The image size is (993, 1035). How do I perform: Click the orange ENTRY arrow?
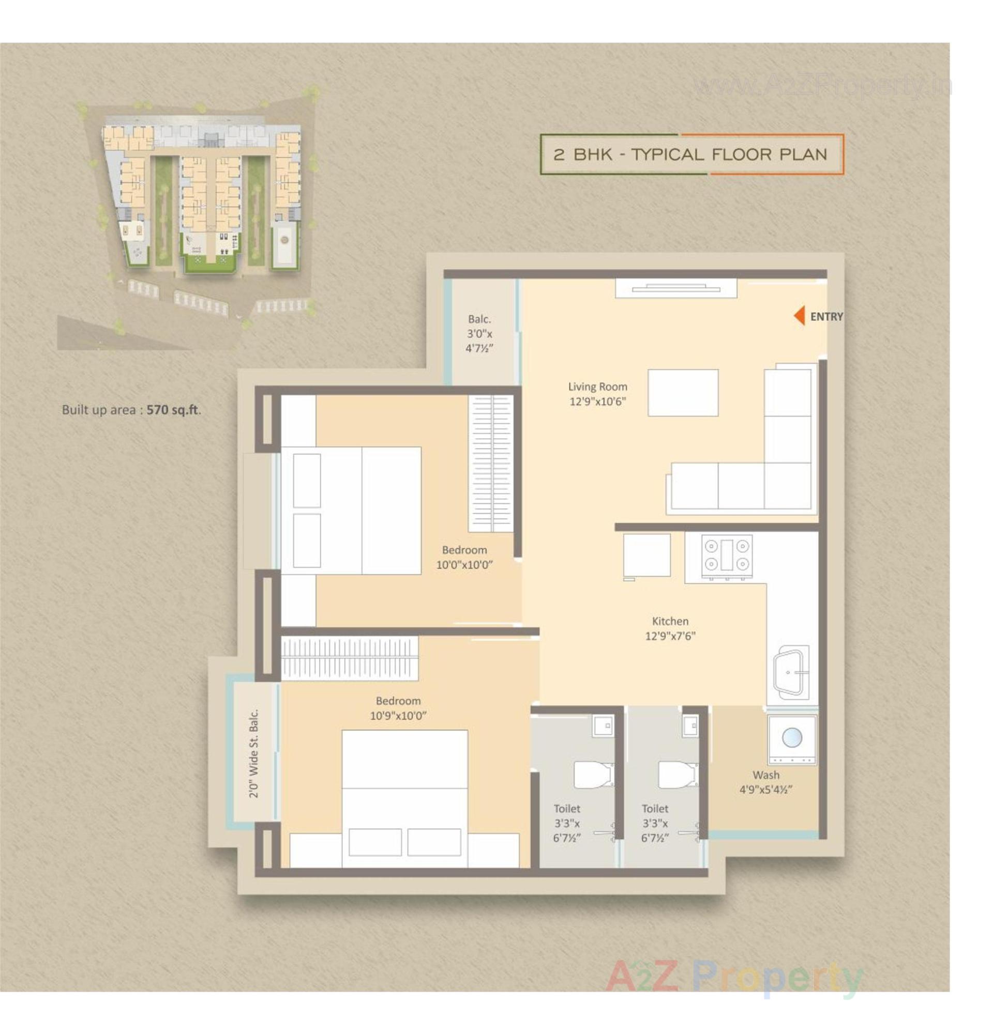point(799,316)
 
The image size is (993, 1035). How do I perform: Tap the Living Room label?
point(597,393)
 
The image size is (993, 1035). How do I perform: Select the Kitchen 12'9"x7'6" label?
point(670,628)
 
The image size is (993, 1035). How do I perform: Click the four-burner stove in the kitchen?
point(726,555)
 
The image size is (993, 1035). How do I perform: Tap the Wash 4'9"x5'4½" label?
point(765,781)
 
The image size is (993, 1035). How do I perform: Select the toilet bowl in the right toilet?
point(677,774)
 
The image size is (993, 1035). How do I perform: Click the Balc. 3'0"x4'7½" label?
point(479,333)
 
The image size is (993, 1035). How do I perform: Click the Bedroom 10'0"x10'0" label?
point(464,557)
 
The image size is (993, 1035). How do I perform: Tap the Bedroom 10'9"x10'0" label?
point(398,707)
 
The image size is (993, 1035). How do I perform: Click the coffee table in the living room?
point(682,392)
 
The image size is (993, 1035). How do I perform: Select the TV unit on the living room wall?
point(675,289)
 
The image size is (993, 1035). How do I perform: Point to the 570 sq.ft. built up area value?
point(173,410)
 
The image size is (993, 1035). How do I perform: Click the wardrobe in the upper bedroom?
point(491,463)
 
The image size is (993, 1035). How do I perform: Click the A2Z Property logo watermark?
point(734,976)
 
